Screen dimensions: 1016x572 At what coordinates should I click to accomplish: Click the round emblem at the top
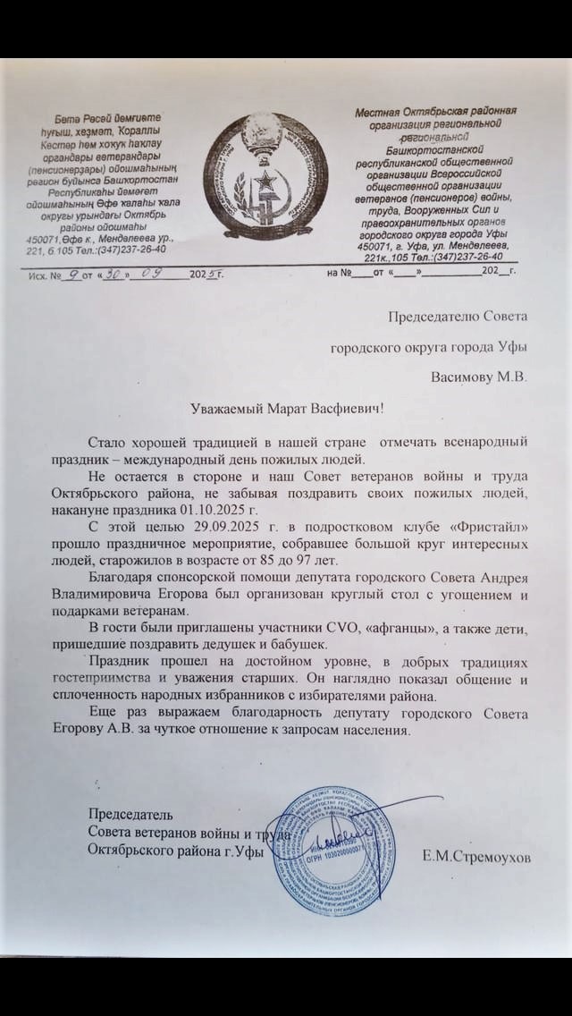coord(263,176)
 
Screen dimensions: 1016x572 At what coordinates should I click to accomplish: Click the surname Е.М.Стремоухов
coord(476,857)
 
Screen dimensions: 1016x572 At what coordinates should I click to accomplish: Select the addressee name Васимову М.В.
coord(479,377)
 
